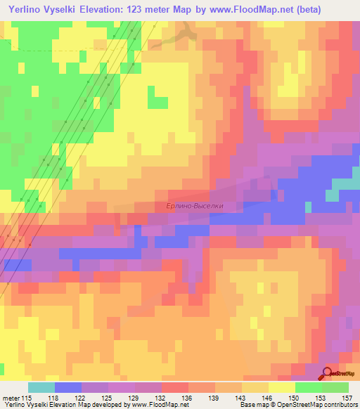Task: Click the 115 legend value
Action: [x=26, y=398]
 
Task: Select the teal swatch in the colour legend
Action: [x=41, y=387]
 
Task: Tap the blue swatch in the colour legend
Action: [x=68, y=387]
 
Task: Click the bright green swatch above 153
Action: [x=309, y=387]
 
